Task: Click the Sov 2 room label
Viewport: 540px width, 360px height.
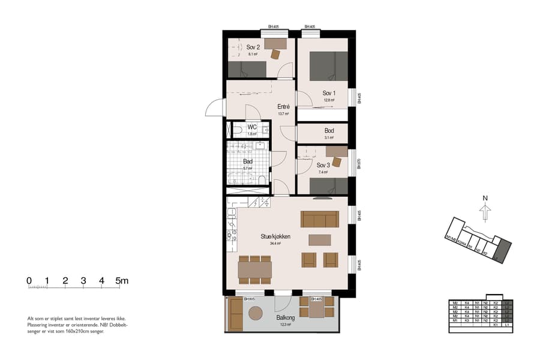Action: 253,47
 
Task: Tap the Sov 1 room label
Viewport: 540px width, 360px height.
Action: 328,93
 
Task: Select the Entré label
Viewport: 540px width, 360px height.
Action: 284,107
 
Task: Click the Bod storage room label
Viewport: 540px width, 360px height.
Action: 329,130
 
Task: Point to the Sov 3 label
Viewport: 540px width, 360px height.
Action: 323,166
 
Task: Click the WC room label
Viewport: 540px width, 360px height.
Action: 252,127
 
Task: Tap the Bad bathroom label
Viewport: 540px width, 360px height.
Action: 247,161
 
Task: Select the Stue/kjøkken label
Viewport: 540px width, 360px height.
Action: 275,236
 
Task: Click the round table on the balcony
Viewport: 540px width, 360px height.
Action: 256,313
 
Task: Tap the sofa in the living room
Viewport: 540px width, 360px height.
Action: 320,219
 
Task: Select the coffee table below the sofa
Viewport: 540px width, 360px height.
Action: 319,240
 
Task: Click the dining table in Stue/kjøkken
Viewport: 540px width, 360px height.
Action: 254,269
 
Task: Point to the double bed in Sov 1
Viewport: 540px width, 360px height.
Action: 328,65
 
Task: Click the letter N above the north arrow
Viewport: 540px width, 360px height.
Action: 485,198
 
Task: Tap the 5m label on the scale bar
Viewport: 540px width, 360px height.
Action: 122,281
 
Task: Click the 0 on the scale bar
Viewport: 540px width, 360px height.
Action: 29,281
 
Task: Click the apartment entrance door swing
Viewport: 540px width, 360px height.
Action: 214,109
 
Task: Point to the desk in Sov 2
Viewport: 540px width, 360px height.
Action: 275,44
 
